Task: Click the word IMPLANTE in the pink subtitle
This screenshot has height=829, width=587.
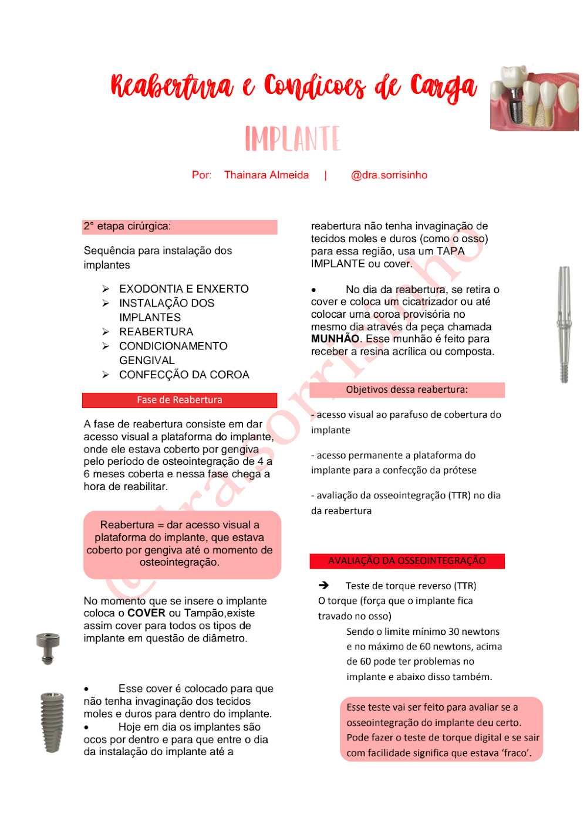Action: click(292, 139)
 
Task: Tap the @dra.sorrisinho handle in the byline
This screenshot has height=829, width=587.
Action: click(389, 175)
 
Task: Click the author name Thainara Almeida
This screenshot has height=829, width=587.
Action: click(266, 175)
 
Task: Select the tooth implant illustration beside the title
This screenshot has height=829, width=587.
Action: click(534, 98)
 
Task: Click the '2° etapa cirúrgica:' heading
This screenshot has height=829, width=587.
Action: click(127, 226)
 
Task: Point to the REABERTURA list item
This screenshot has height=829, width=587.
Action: click(156, 332)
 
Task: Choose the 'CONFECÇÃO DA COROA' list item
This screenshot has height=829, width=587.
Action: click(184, 375)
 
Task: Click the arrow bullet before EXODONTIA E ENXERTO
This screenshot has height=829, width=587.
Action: click(106, 289)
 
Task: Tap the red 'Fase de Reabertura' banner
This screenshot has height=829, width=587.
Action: click(179, 400)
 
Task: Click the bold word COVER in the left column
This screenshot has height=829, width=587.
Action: click(146, 613)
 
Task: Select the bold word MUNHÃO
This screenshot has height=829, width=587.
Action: click(335, 339)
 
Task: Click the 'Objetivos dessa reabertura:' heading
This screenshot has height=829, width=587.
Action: click(407, 390)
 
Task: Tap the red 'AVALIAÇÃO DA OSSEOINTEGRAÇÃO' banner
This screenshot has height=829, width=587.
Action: click(407, 561)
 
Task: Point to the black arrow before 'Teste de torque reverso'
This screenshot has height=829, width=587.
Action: click(323, 586)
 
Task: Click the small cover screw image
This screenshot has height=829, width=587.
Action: click(48, 648)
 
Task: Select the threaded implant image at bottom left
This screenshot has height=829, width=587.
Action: click(52, 722)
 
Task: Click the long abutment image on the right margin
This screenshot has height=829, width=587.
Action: click(564, 324)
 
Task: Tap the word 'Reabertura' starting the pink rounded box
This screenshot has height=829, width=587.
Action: click(127, 525)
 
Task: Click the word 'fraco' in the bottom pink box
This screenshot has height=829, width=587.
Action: click(515, 753)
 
